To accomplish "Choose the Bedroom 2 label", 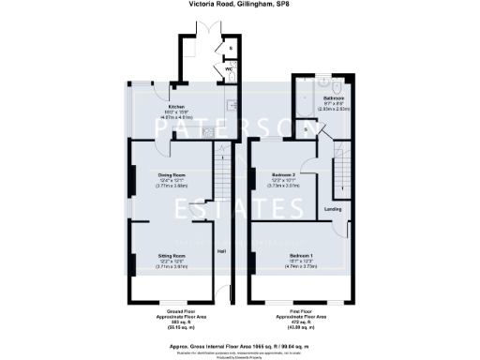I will [284, 175].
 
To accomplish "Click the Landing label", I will [332, 208].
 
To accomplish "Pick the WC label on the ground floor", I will [227, 69].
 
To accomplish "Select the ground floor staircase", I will [222, 176].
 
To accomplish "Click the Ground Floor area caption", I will [174, 318].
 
